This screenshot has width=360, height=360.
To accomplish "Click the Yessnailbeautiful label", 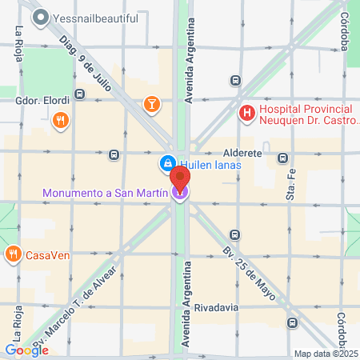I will [x=98, y=18].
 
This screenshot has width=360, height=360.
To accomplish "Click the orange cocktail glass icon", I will [x=150, y=103].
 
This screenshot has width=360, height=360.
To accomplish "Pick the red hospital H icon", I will [x=248, y=114].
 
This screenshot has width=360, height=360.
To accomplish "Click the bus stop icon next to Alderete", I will [x=282, y=158].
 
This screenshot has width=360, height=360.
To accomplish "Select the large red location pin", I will [x=181, y=178].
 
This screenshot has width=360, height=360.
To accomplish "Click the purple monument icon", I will [x=181, y=192].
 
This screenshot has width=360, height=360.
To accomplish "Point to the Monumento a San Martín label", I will [x=106, y=193].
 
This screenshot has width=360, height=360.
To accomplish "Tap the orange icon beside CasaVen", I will [x=13, y=255].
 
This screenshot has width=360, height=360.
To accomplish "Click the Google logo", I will [x=26, y=350].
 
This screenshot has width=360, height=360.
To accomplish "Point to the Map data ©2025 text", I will [x=324, y=354].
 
